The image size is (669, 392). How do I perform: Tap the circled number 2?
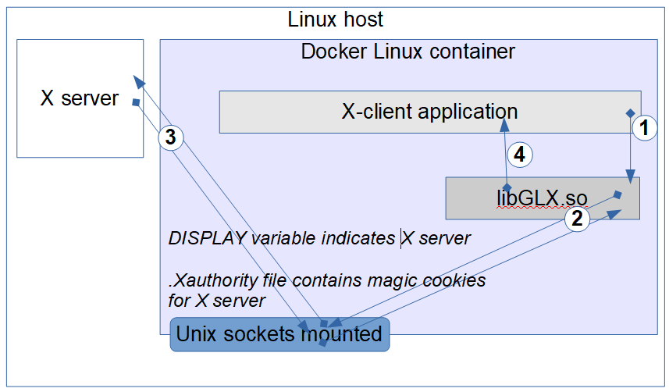tap(577, 219)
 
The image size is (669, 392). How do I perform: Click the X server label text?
tap(80, 98)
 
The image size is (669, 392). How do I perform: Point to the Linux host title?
tap(336, 19)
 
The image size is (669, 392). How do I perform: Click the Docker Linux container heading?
tap(407, 52)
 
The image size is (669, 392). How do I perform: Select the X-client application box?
tap(429, 112)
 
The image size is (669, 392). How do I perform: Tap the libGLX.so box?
tap(542, 198)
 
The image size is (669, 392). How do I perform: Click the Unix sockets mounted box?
tap(279, 334)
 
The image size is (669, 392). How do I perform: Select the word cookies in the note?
tap(455, 280)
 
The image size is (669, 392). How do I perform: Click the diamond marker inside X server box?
tap(136, 102)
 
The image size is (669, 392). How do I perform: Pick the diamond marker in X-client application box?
tap(631, 113)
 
